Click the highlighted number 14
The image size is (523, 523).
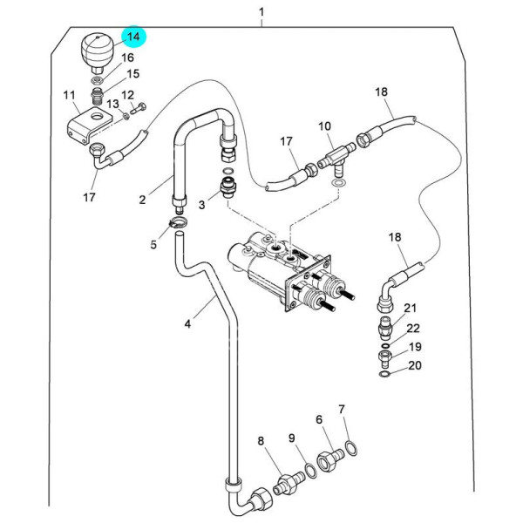click(133, 37)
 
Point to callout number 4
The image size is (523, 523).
click(187, 324)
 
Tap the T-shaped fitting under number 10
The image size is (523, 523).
click(335, 159)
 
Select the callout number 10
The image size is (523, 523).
click(324, 127)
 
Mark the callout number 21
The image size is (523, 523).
click(411, 308)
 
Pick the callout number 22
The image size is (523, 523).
click(413, 329)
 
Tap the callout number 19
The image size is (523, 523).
click(415, 347)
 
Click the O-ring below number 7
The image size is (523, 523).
click(350, 449)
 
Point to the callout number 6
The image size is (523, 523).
click(319, 419)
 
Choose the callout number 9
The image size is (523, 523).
click(292, 438)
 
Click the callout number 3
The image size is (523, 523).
click(201, 205)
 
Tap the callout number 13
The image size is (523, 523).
click(113, 105)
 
